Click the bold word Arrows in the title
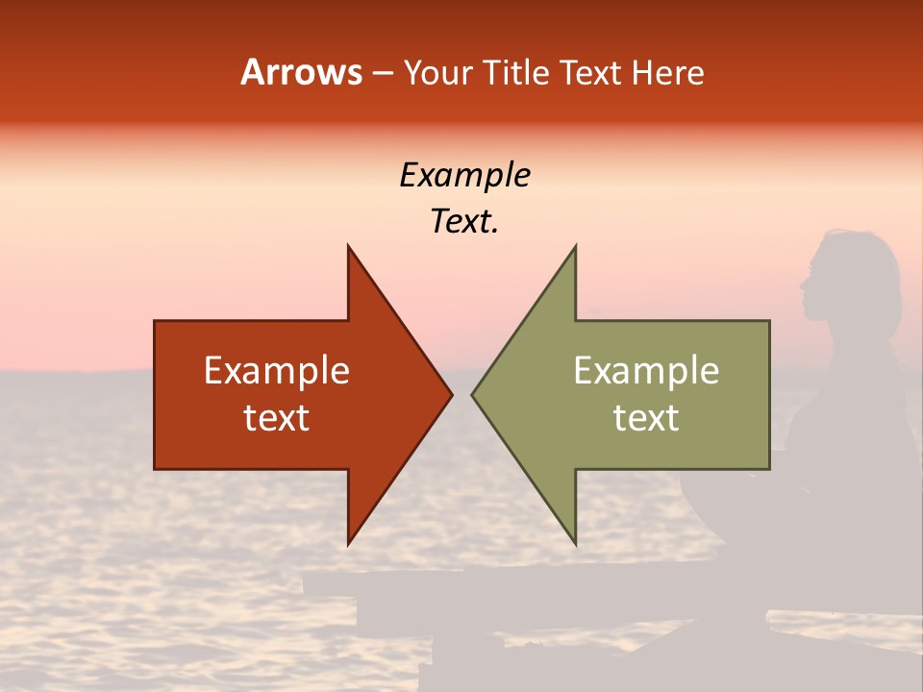(x=301, y=72)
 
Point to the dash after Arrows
(x=383, y=73)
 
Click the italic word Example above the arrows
(x=464, y=176)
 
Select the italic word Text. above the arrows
(x=464, y=222)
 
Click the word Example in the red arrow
(x=277, y=371)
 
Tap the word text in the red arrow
(x=277, y=418)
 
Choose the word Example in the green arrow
(x=646, y=371)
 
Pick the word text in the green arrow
(x=646, y=418)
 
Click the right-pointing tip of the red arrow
(x=451, y=394)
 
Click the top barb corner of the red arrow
(x=349, y=247)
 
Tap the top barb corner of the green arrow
(x=575, y=247)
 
